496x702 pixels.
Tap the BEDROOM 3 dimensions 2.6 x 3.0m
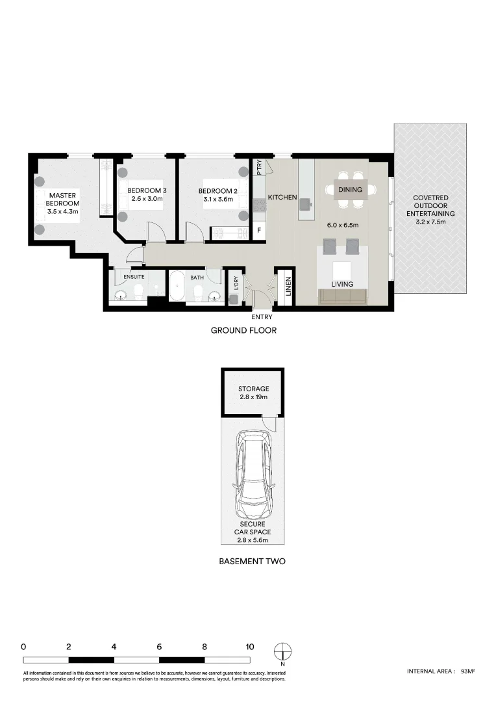(x=147, y=199)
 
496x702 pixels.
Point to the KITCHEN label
(x=282, y=197)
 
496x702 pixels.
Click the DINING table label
(x=350, y=190)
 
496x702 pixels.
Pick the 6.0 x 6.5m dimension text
(x=343, y=226)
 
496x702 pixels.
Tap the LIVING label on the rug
(x=342, y=284)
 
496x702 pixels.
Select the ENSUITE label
(x=134, y=277)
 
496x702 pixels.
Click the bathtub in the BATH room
(x=178, y=286)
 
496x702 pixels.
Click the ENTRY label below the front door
(x=262, y=317)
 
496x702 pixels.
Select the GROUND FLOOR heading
(x=243, y=330)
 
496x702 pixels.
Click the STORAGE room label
(x=253, y=389)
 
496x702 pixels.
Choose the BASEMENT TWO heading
(x=253, y=561)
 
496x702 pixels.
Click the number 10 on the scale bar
(x=249, y=647)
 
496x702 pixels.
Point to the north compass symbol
(x=283, y=651)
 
